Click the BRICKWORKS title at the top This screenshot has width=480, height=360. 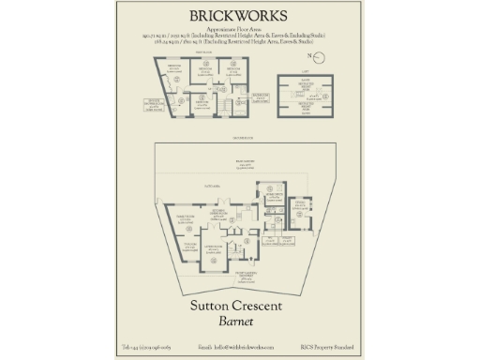239,16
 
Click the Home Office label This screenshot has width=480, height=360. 272,197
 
